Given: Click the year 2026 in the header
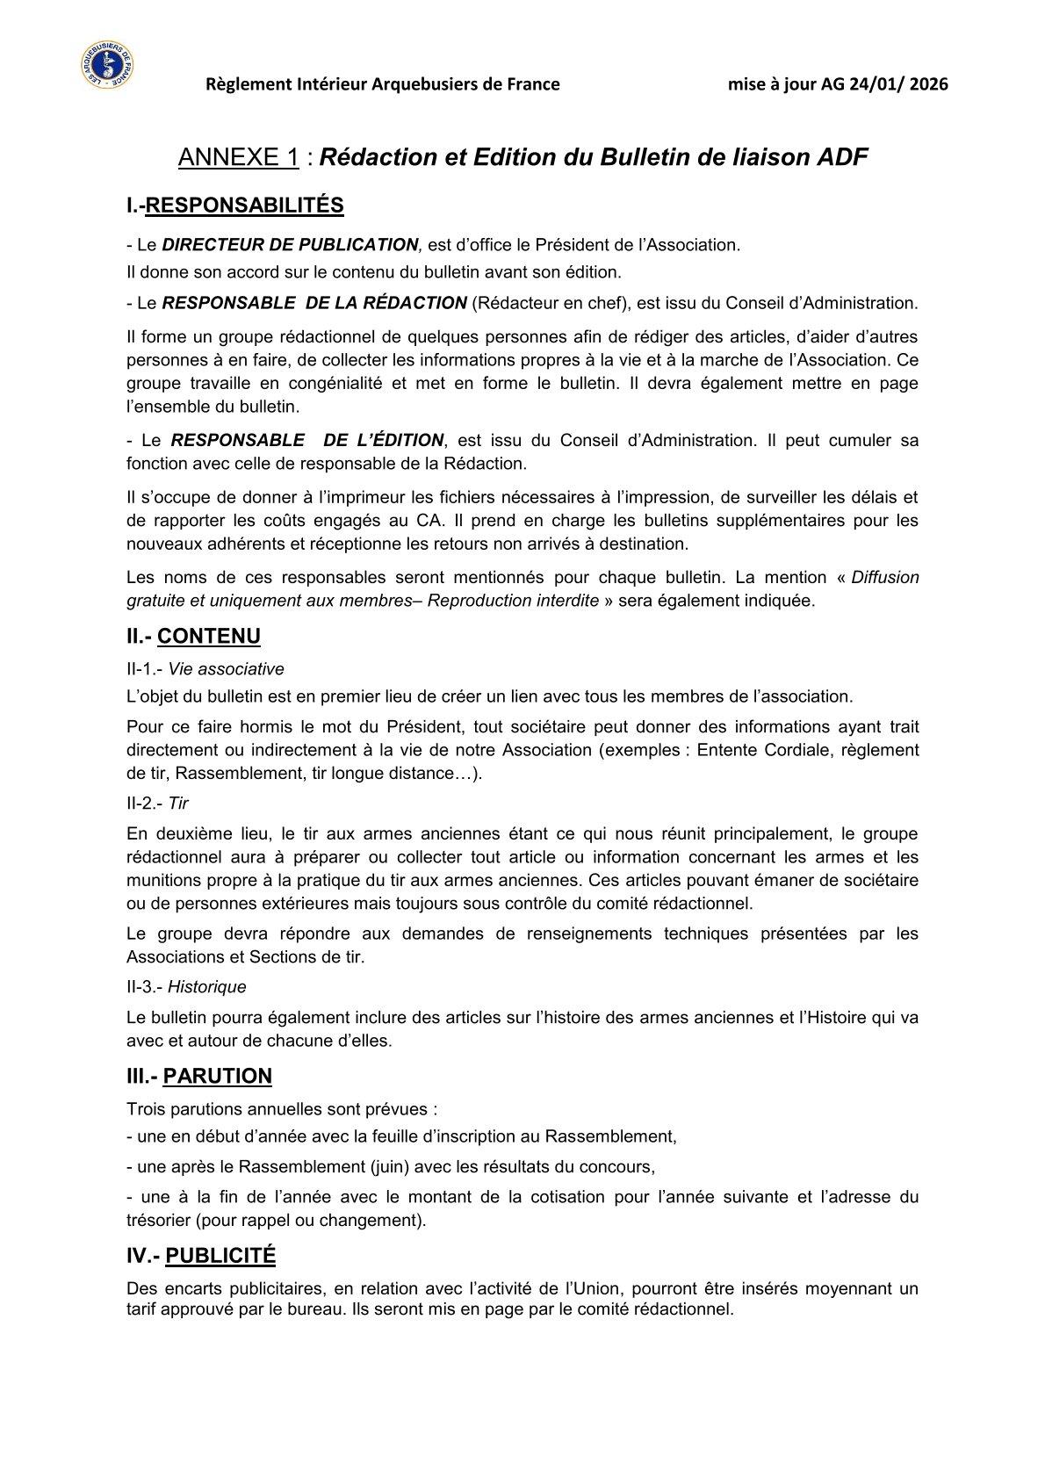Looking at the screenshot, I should [x=928, y=84].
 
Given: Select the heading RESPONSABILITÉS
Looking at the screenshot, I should [x=244, y=205].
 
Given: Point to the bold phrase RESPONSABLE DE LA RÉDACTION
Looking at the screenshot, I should [x=314, y=303].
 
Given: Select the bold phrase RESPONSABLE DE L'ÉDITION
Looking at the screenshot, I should [x=307, y=440].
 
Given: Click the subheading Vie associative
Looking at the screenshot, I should [x=227, y=669].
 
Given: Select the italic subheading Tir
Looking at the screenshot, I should [x=178, y=803].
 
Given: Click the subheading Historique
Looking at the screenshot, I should [x=207, y=987].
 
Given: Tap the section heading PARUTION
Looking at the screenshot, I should [x=218, y=1076].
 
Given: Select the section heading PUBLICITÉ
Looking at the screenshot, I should [x=220, y=1256].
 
